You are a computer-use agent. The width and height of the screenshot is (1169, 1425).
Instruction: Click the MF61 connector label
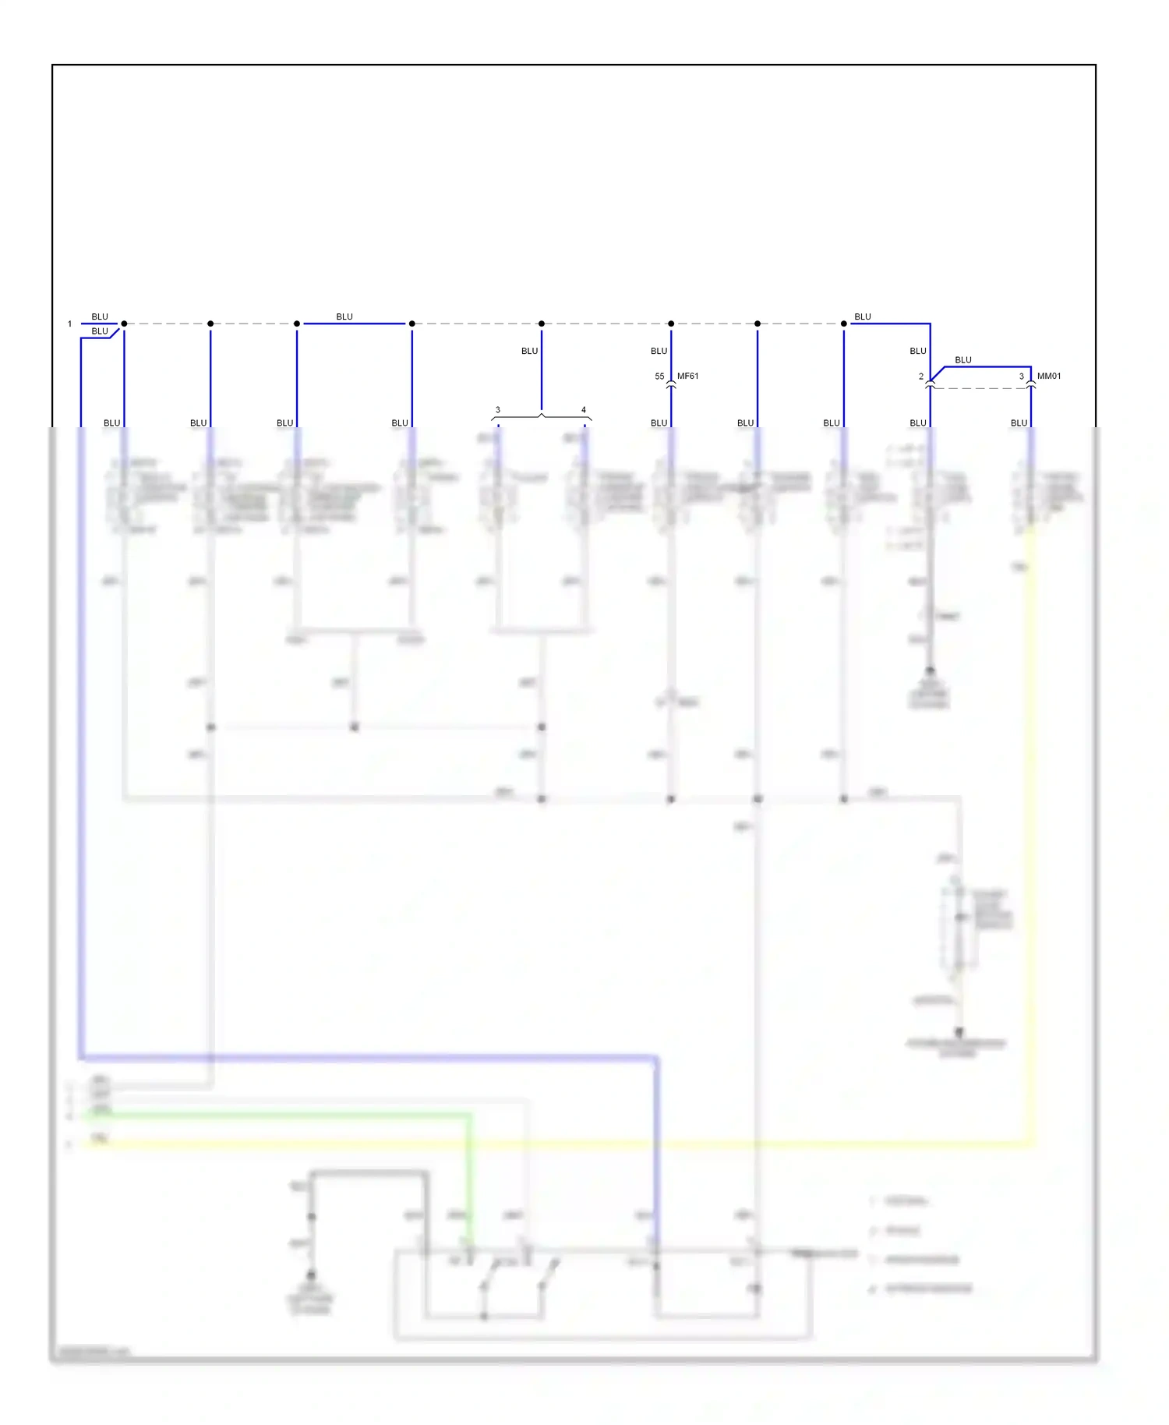687,376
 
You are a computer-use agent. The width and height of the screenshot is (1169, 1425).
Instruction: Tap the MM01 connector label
1048,376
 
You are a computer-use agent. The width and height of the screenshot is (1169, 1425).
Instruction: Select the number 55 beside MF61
659,377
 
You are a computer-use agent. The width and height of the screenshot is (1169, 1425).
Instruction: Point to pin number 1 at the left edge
69,324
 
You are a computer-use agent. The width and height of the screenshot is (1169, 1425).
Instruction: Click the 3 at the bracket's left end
497,410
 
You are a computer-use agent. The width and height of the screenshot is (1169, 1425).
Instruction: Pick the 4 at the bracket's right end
583,410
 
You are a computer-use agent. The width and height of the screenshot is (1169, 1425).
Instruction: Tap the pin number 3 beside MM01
1021,377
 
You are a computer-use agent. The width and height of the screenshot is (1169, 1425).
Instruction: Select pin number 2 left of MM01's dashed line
920,377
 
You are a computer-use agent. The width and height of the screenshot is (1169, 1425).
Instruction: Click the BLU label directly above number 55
659,352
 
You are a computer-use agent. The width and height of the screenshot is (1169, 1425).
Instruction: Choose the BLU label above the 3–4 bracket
529,352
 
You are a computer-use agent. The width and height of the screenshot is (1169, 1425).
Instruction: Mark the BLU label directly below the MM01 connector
1019,423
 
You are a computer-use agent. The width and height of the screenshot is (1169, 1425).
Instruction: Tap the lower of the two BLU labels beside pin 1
100,331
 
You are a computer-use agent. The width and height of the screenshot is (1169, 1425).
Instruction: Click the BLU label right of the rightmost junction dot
862,317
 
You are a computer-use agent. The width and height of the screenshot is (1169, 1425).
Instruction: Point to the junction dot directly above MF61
671,324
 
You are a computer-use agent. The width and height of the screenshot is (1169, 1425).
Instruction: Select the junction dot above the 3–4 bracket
542,324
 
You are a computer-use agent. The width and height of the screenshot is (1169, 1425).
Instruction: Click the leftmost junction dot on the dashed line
124,324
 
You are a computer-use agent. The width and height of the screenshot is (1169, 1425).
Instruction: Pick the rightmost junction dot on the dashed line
843,324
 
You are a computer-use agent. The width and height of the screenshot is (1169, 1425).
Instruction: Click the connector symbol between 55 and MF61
671,384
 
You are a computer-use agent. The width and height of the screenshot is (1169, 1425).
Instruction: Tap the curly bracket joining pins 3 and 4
542,417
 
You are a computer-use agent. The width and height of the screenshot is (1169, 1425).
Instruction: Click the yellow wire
1032,857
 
